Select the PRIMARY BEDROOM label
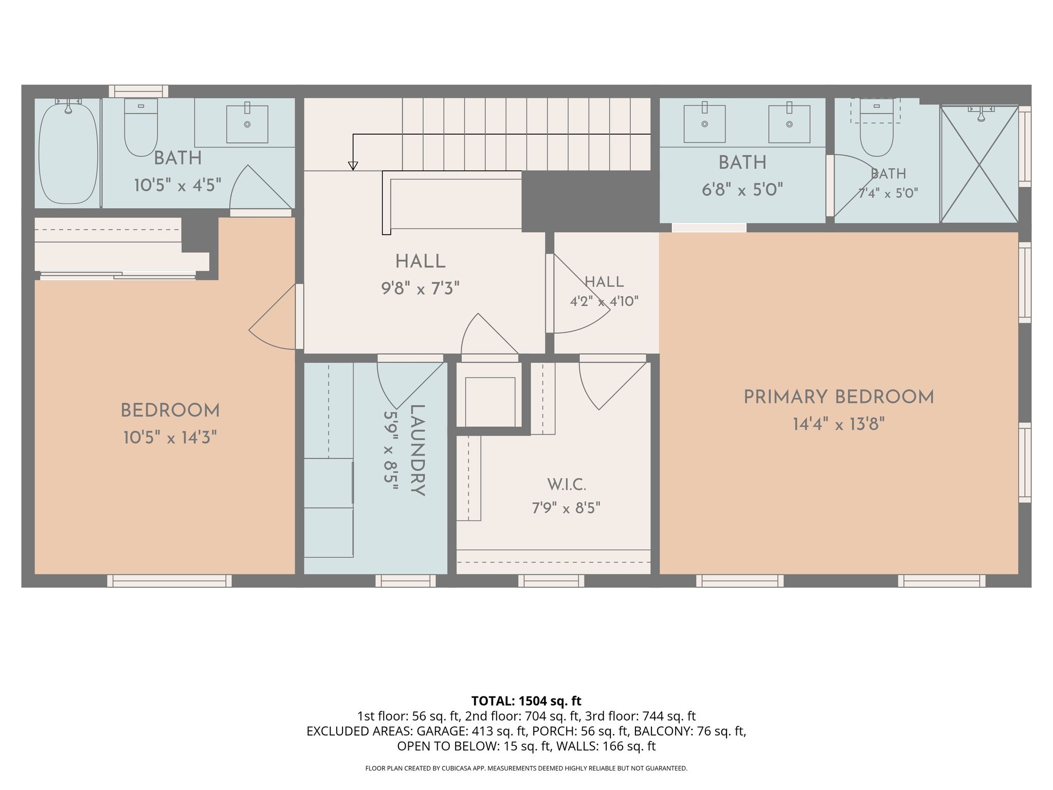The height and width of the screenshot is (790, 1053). (839, 397)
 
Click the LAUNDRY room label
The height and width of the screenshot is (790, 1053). (417, 451)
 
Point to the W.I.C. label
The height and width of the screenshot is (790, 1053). (566, 484)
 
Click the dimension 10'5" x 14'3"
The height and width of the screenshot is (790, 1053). (170, 438)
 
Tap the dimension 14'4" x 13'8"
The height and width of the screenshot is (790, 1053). (839, 424)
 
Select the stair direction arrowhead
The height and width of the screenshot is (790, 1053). (353, 166)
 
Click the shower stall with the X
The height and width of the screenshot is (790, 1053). (979, 165)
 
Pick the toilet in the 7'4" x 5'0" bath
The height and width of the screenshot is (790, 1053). (877, 129)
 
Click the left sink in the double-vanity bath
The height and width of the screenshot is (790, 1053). (704, 124)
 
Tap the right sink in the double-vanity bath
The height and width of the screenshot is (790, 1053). (789, 124)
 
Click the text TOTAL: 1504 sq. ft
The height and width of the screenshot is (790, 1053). (526, 701)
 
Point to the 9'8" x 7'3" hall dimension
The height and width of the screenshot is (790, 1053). (420, 289)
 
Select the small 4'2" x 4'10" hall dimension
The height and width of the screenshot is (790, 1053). (604, 301)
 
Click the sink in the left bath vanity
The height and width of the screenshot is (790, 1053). (247, 124)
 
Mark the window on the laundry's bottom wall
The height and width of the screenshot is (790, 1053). (406, 581)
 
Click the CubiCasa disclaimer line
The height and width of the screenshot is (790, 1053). (526, 768)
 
